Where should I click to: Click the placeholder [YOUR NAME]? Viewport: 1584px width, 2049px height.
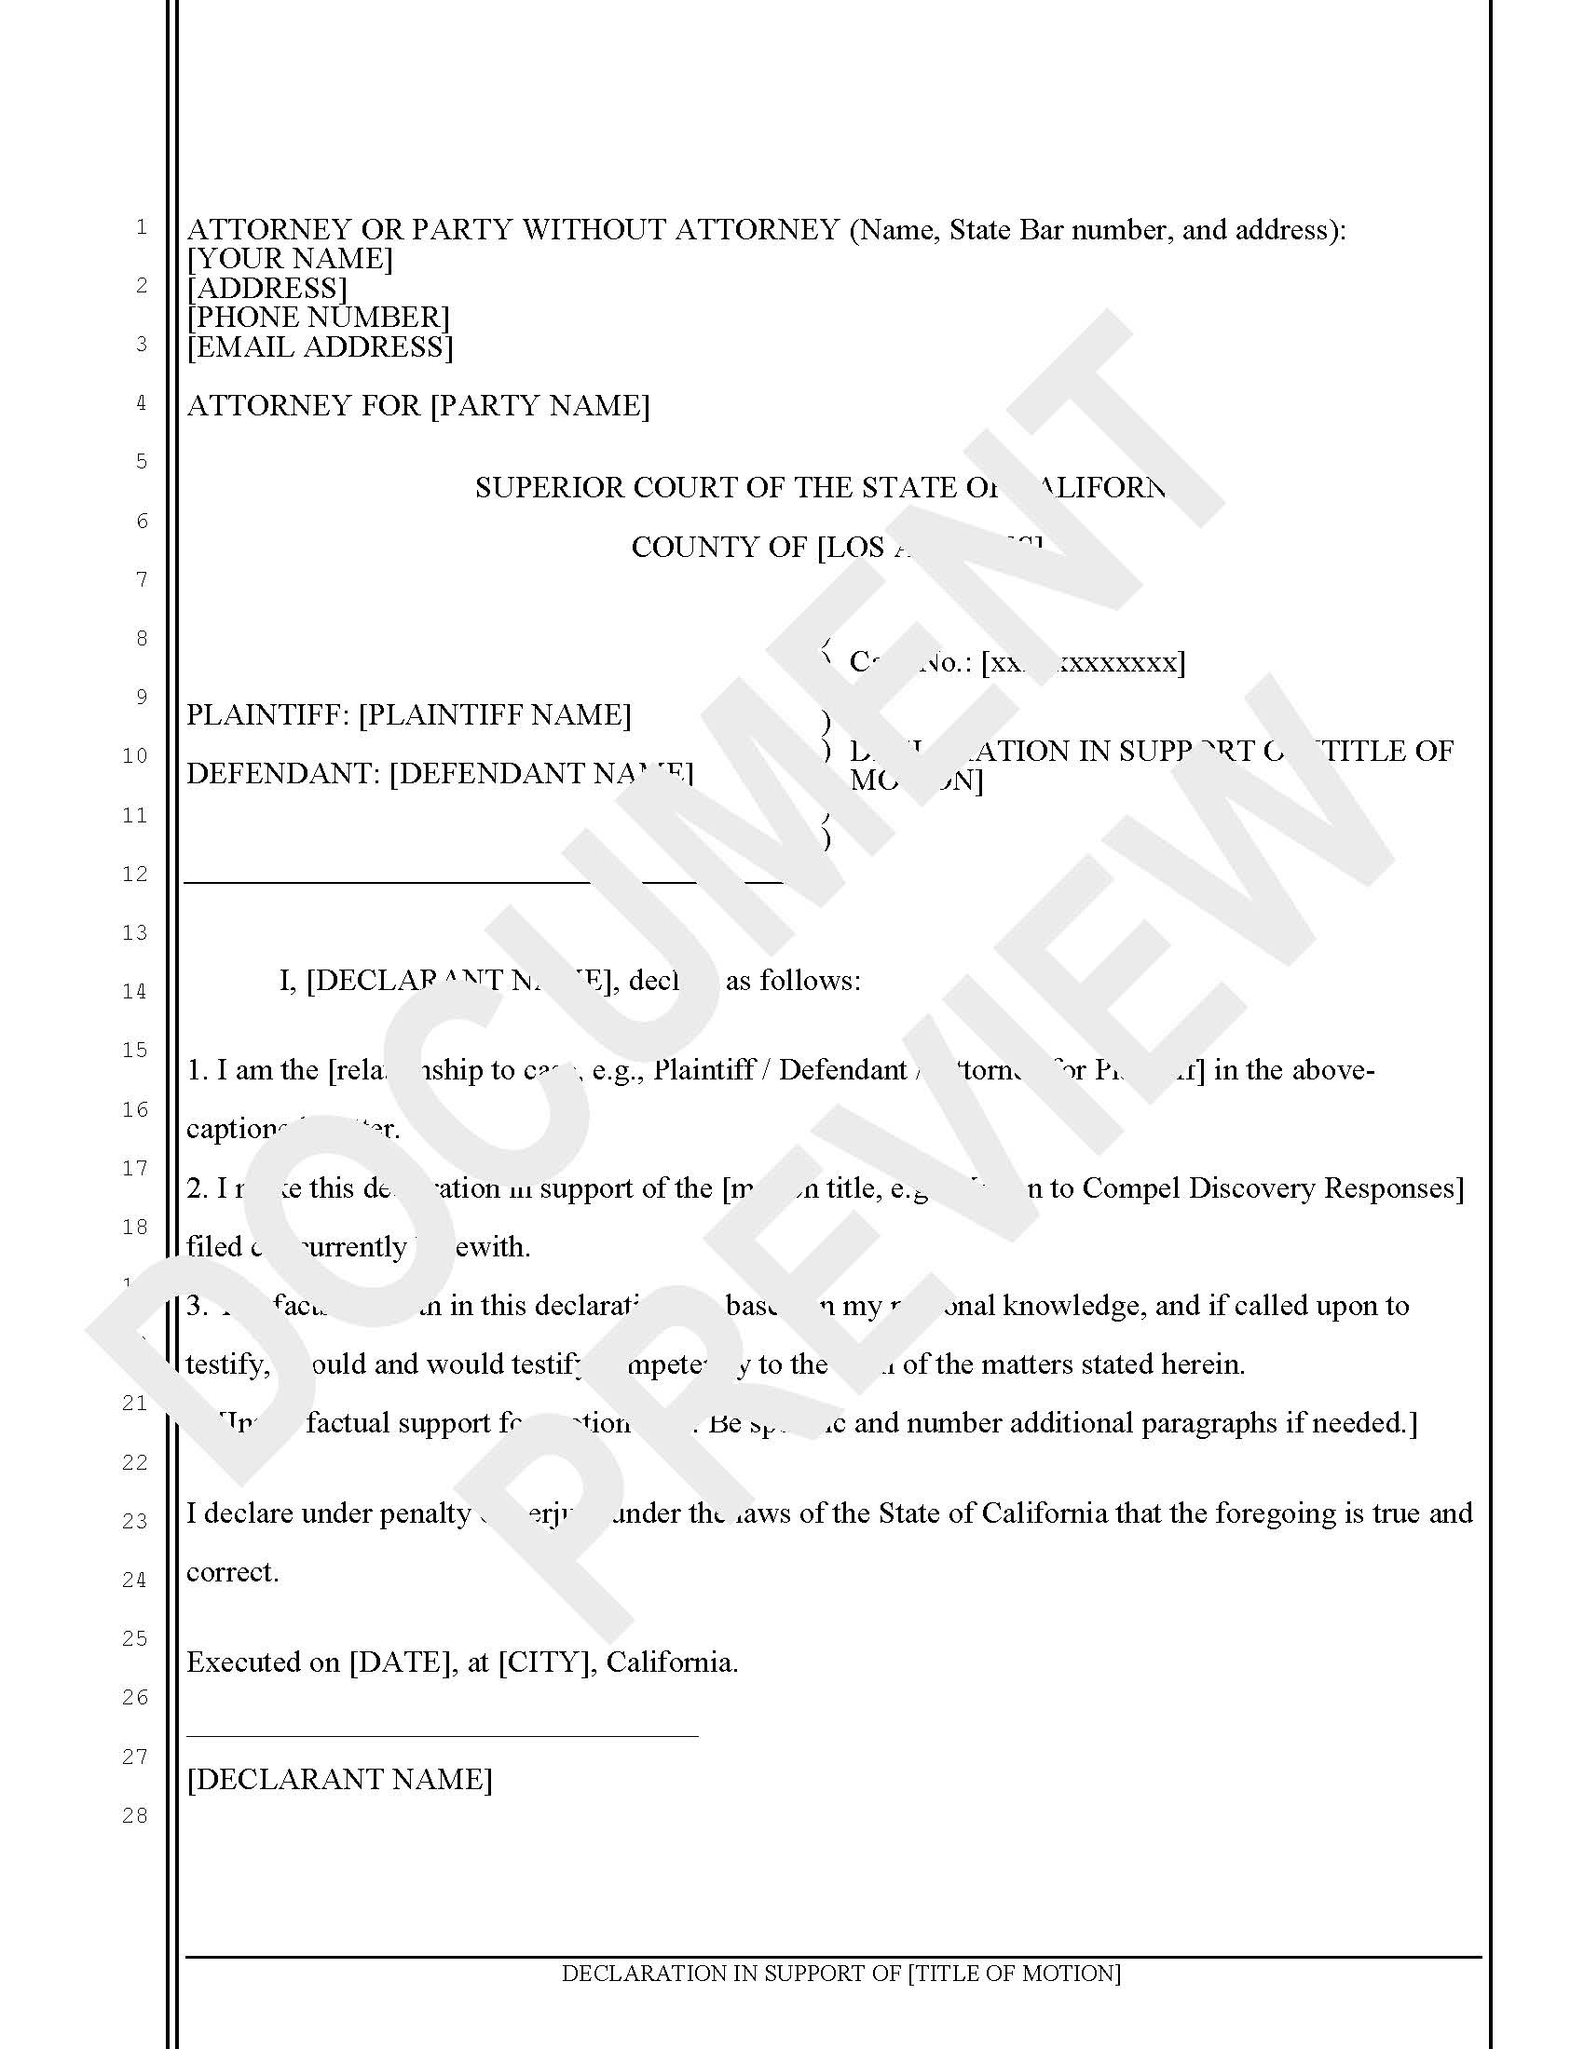point(290,259)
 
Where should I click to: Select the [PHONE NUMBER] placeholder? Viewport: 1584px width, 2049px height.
point(319,318)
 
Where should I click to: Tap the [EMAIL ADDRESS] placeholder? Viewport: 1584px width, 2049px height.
point(320,347)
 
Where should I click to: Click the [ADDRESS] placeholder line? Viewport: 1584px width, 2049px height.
point(267,288)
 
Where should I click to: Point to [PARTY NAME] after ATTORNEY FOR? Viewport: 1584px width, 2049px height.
point(539,406)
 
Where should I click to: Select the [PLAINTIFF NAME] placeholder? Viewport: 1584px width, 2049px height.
point(495,716)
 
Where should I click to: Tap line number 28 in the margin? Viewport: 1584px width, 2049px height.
point(135,1815)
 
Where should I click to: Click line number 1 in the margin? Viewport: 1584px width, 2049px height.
point(142,227)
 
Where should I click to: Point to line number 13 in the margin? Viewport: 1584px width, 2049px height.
point(135,932)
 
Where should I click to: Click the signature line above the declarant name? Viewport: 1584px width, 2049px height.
point(442,1736)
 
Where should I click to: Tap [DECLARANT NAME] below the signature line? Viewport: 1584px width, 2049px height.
point(340,1780)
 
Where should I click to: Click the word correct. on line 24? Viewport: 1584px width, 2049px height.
point(233,1572)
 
